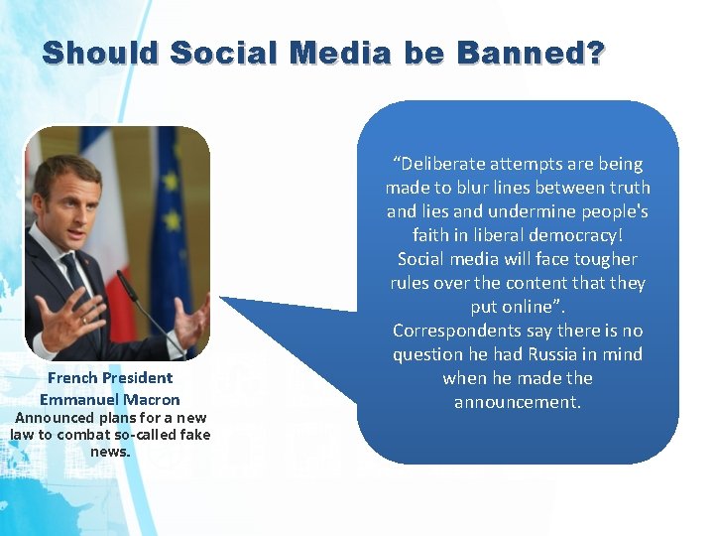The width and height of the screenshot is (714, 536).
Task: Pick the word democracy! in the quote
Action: coord(572,235)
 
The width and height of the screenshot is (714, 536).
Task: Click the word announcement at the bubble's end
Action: coord(517,402)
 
